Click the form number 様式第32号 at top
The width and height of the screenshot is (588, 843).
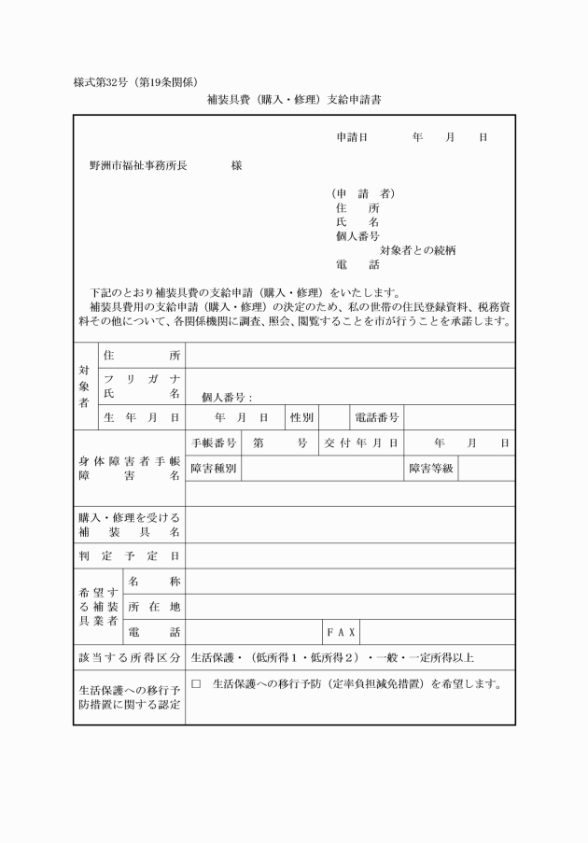(105, 81)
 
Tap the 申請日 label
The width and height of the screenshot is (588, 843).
(352, 137)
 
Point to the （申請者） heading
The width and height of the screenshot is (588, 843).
(363, 194)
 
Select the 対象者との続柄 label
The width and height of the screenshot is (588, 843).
(417, 250)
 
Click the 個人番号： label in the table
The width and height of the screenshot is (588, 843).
(227, 398)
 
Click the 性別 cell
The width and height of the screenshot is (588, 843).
(301, 417)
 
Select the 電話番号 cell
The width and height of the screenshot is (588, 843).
(375, 417)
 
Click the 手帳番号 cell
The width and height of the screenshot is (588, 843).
(214, 443)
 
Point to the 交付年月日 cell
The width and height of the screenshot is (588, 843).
(361, 443)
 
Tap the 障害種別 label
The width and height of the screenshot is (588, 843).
(214, 468)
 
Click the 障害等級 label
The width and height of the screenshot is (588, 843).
(430, 468)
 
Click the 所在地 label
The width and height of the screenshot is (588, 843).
(154, 607)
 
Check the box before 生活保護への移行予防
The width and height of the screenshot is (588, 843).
(196, 684)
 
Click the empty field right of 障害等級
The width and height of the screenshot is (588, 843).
(486, 468)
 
